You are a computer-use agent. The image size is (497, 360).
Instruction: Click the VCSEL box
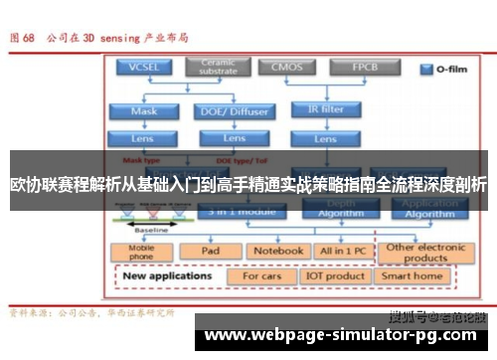tap(143, 69)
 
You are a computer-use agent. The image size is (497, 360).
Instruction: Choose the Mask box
tap(143, 111)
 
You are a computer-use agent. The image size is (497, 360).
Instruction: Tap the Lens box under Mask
tap(143, 138)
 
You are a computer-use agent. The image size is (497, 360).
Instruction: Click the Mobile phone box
tap(140, 251)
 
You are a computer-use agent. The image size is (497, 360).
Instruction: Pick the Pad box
tap(211, 251)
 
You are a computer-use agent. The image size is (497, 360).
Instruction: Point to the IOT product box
tap(335, 275)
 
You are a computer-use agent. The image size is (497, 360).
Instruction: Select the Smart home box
tap(413, 275)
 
